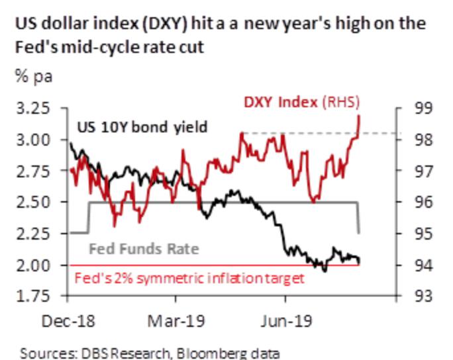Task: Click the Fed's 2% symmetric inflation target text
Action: pos(189,278)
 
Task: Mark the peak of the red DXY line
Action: pos(359,115)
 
